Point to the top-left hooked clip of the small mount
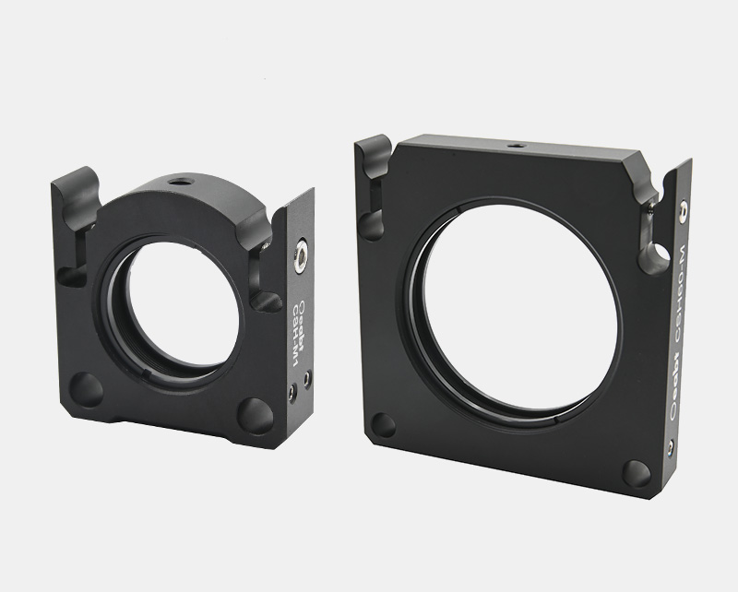[76, 197]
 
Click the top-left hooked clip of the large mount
[373, 166]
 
